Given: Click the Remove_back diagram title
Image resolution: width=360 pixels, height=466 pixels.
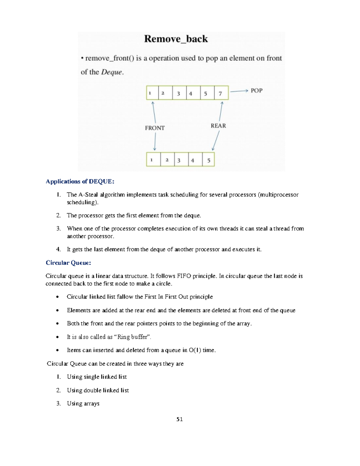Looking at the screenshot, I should (x=176, y=39).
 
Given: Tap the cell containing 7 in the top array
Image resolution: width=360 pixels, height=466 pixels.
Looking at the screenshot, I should (x=221, y=93).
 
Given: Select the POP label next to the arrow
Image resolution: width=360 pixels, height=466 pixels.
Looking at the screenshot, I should (x=256, y=91).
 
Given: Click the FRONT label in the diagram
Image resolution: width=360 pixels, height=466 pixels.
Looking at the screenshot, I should (x=155, y=128).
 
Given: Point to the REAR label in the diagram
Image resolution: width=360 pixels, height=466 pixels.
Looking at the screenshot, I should (x=218, y=126).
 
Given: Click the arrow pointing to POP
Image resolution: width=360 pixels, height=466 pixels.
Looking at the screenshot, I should (x=239, y=91).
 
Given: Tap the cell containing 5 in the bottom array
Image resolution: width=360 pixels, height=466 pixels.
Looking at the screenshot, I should (x=208, y=160).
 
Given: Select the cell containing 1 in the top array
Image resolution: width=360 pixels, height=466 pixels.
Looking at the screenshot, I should (x=152, y=93).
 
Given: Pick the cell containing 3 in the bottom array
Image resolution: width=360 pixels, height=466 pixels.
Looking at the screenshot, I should (x=181, y=160).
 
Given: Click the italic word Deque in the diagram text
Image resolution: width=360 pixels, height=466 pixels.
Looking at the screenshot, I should (x=112, y=72).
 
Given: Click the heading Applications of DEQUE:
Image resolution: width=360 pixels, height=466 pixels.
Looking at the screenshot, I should (x=80, y=182).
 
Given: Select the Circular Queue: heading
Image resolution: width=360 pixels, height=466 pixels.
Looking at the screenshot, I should (x=68, y=263).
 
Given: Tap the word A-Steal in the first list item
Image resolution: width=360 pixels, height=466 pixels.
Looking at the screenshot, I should (x=88, y=195).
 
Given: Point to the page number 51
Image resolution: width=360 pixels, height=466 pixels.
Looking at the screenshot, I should (x=179, y=419).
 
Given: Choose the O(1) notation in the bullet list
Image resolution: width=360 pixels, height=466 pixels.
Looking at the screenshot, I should (x=195, y=350).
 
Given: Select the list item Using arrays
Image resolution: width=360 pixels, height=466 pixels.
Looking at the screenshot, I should (x=83, y=404).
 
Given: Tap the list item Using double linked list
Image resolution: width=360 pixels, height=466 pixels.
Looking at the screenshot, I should (x=98, y=390).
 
